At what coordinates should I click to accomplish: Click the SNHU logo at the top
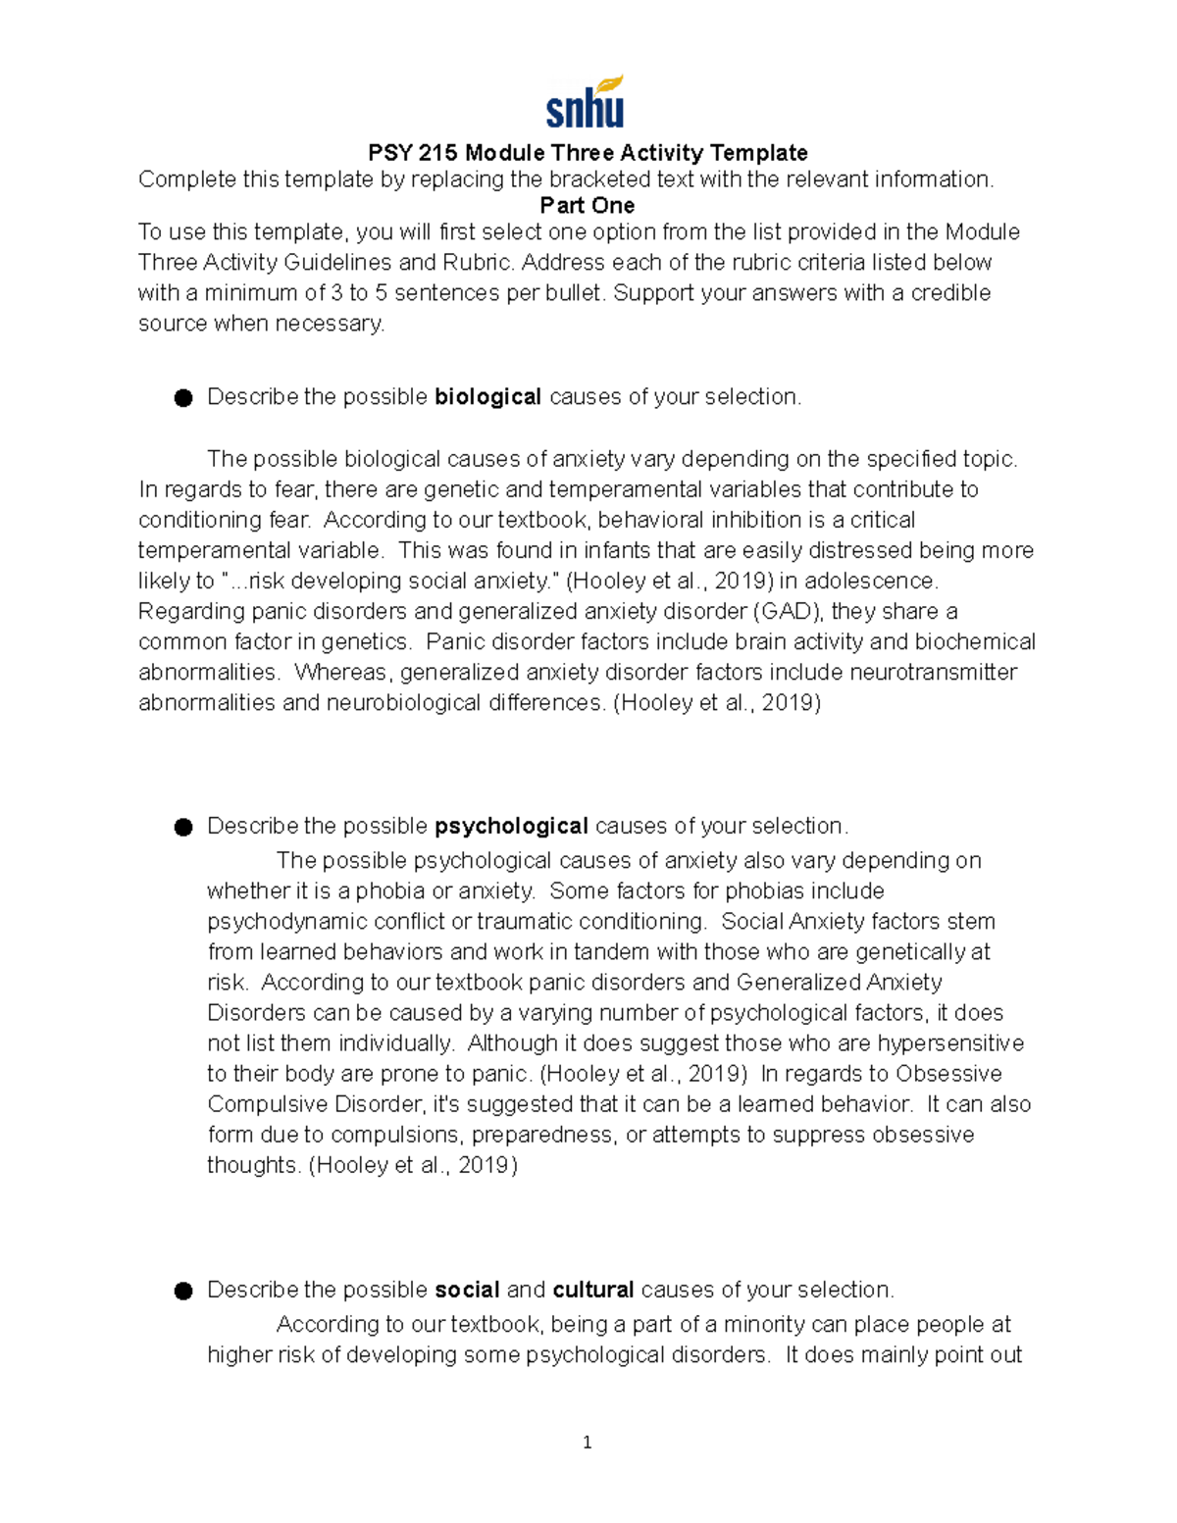(586, 103)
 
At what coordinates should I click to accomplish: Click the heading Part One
(587, 206)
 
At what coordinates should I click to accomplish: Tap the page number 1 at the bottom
(587, 1443)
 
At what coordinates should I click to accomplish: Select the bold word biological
(487, 397)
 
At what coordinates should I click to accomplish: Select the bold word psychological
(511, 826)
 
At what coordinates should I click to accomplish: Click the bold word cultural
(593, 1290)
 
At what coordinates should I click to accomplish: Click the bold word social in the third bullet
(467, 1290)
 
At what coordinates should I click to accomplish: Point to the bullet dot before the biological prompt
(183, 398)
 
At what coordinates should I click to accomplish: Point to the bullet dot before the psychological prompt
(183, 827)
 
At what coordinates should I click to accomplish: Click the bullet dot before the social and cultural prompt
(183, 1291)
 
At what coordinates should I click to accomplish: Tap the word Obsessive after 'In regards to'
(948, 1074)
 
